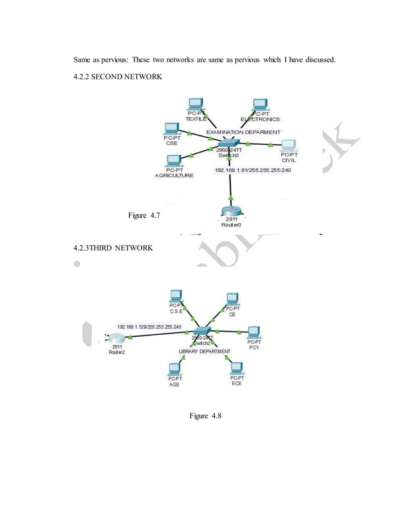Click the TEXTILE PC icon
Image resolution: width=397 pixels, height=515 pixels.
(x=195, y=103)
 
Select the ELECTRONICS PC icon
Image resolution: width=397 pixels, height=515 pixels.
(x=259, y=103)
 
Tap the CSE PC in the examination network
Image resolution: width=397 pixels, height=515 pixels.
(x=171, y=129)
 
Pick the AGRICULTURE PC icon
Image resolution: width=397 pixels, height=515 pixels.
(x=174, y=160)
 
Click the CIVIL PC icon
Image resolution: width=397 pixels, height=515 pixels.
(x=287, y=145)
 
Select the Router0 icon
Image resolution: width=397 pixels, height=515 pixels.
(x=231, y=214)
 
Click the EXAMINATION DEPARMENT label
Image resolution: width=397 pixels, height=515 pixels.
(x=244, y=132)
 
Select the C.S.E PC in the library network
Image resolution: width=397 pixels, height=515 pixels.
(x=176, y=295)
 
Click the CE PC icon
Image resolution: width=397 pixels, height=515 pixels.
(x=233, y=298)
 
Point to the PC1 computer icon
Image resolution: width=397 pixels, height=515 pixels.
(x=253, y=332)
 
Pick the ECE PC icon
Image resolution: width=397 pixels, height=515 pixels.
(x=236, y=368)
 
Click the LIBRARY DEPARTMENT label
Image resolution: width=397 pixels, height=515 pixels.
(x=204, y=352)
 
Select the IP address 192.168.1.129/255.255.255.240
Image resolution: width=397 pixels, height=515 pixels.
(x=149, y=327)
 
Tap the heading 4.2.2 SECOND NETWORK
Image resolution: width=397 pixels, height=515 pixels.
(x=118, y=76)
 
